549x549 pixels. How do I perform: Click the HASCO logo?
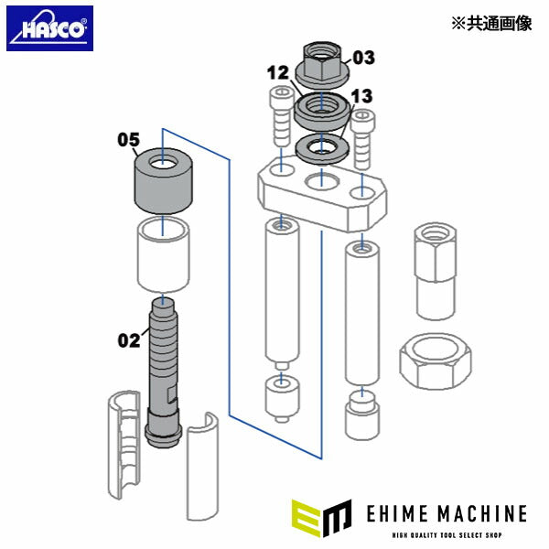pos(49,28)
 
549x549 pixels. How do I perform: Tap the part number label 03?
pos(363,59)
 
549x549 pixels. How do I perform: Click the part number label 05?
pos(127,140)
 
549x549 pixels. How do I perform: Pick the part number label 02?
pos(128,341)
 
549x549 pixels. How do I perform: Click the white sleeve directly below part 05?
pos(162,254)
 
